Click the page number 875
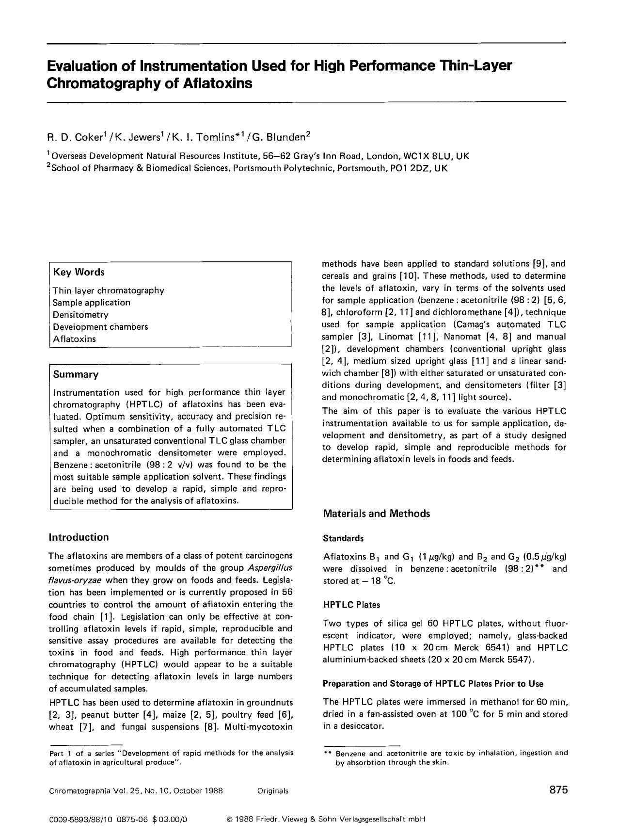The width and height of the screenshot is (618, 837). pyautogui.click(x=558, y=790)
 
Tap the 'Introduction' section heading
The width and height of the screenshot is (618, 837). pyautogui.click(x=79, y=537)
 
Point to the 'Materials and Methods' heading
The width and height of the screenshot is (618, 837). pyautogui.click(x=376, y=514)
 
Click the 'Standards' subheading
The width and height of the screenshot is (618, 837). pyautogui.click(x=343, y=538)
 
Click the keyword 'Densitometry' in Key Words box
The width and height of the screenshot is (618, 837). pyautogui.click(x=80, y=315)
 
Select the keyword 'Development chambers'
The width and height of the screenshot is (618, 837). pyautogui.click(x=100, y=327)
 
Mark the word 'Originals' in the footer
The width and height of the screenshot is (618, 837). pyautogui.click(x=273, y=791)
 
